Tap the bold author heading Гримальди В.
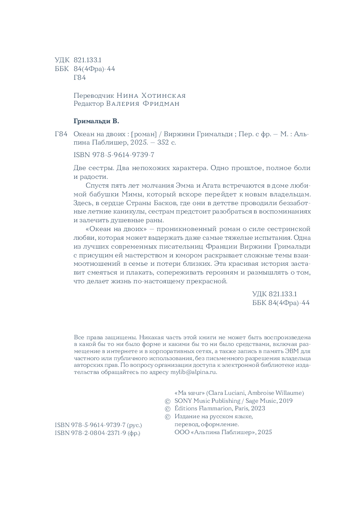[x=96, y=122]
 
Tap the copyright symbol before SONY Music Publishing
[x=168, y=401]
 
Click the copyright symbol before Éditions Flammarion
[x=168, y=409]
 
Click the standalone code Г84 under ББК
[x=79, y=77]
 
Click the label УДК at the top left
[x=62, y=60]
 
